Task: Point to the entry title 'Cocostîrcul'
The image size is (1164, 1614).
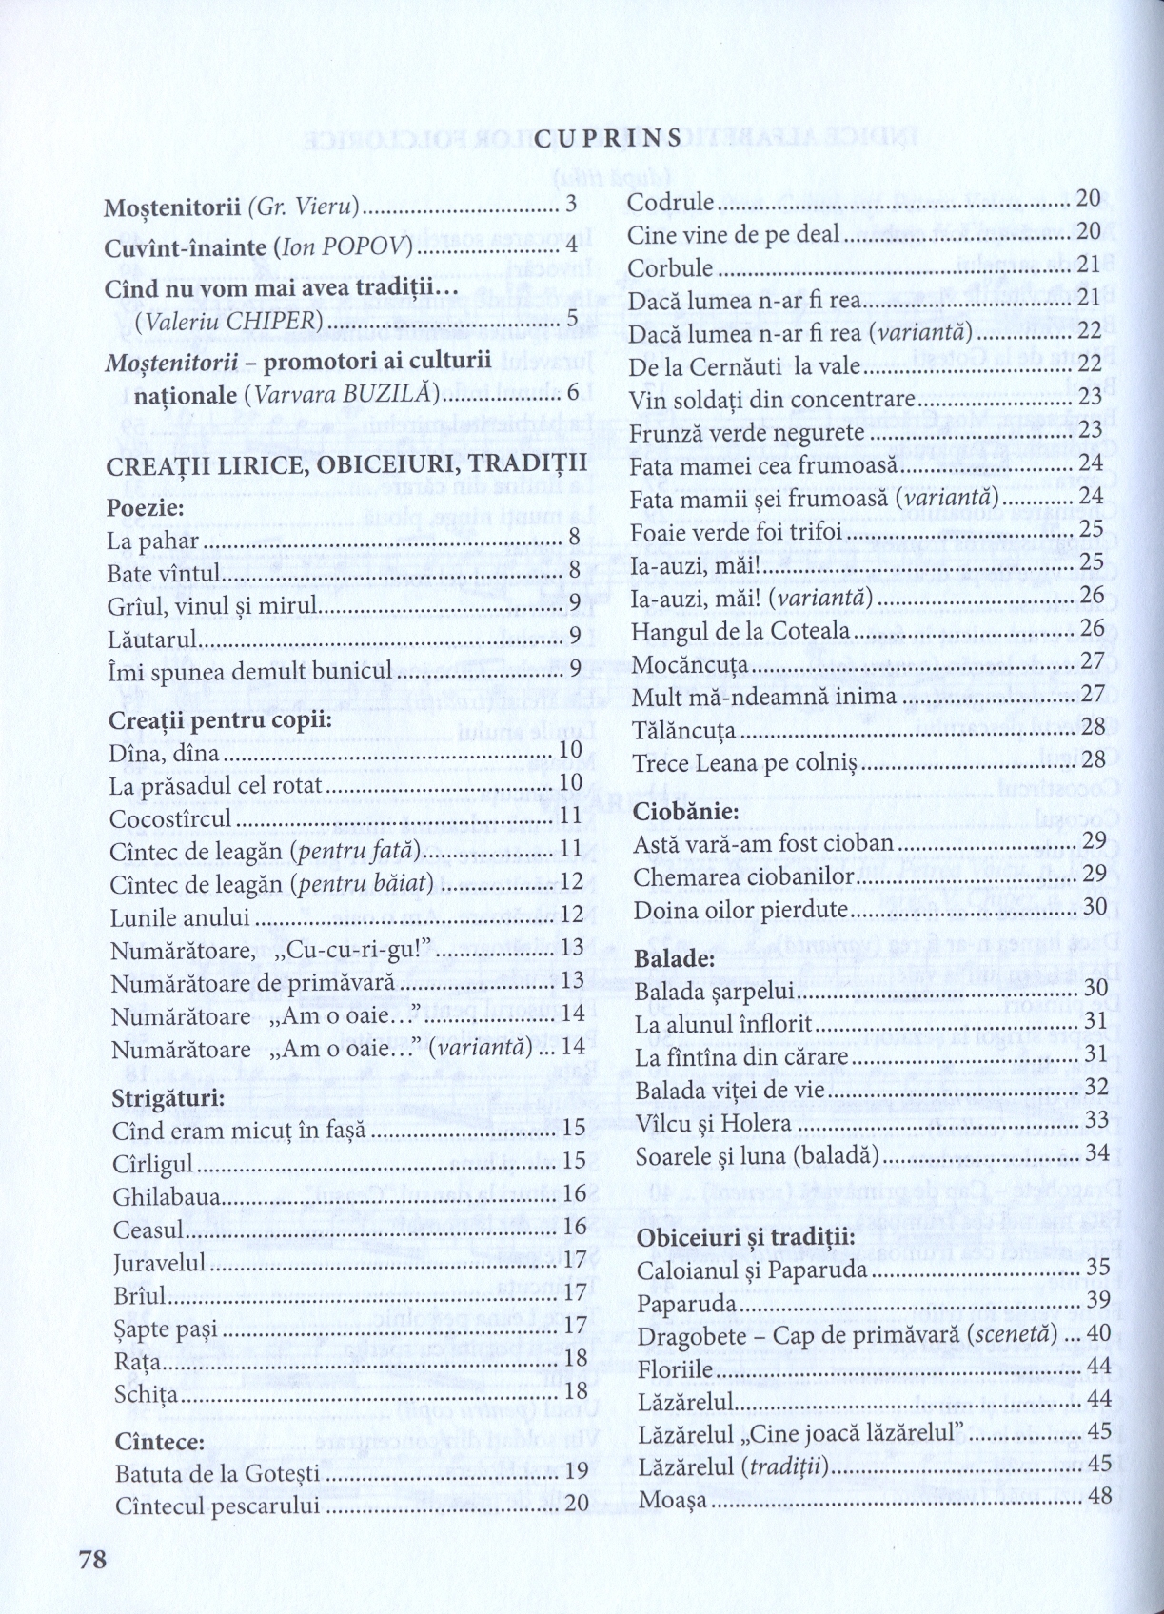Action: pos(171,818)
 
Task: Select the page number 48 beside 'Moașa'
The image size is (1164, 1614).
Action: pos(1099,1496)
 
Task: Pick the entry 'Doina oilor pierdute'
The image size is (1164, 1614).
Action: pos(740,910)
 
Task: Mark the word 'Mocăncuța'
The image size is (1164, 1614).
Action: pos(683,664)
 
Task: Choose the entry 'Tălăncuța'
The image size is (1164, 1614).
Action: pos(682,730)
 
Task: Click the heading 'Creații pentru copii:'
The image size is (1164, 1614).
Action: pos(220,719)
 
